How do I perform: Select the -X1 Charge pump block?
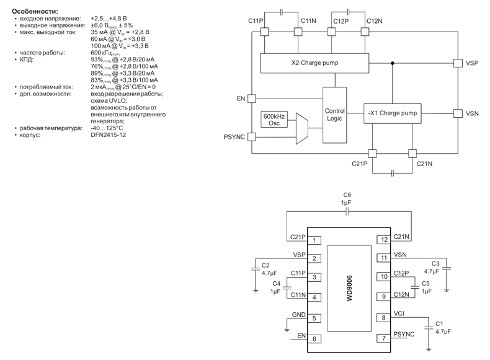tap(392, 113)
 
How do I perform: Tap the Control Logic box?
tap(334, 115)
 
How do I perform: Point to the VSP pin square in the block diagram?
tap(457, 63)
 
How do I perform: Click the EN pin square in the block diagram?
tap(251, 98)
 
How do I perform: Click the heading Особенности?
tap(35, 12)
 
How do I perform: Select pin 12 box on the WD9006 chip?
tap(384, 240)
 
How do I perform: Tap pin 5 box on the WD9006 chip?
tap(315, 319)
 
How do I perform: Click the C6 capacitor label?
tap(347, 195)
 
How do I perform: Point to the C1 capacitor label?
tap(439, 324)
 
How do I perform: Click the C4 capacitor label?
tap(277, 283)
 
